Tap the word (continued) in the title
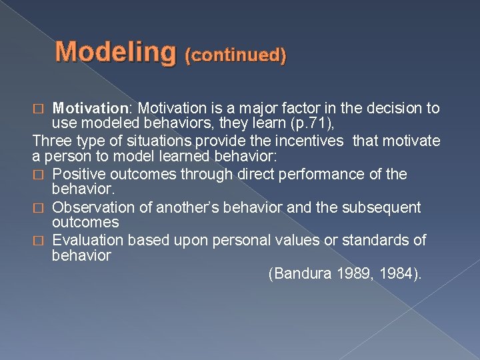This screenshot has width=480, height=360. (x=237, y=55)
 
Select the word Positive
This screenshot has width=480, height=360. (x=78, y=175)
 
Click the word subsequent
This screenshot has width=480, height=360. (x=383, y=208)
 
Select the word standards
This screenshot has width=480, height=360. (x=378, y=241)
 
